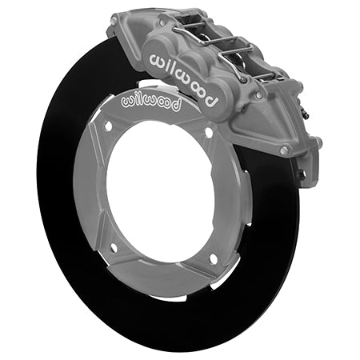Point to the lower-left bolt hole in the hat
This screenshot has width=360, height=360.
[113, 247]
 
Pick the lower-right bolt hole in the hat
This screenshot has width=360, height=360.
[213, 258]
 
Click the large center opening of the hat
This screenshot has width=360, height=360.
[160, 192]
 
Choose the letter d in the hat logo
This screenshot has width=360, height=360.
[175, 106]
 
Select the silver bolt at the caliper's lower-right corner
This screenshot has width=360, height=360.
[285, 149]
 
